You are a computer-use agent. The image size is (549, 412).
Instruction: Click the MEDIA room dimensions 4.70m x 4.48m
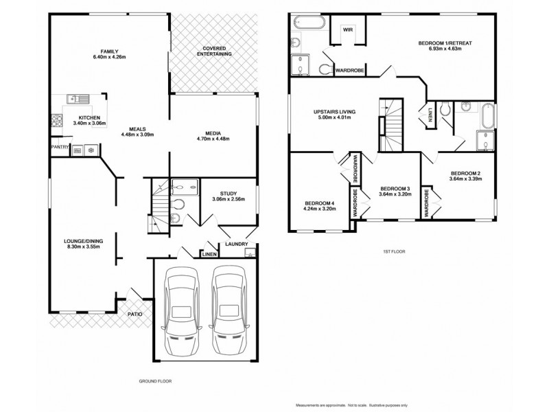coord(212,139)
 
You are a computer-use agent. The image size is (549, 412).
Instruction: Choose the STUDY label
coord(229,194)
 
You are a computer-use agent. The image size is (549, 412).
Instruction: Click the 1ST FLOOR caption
coord(394,252)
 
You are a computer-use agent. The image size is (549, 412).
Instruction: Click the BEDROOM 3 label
coord(395,188)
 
